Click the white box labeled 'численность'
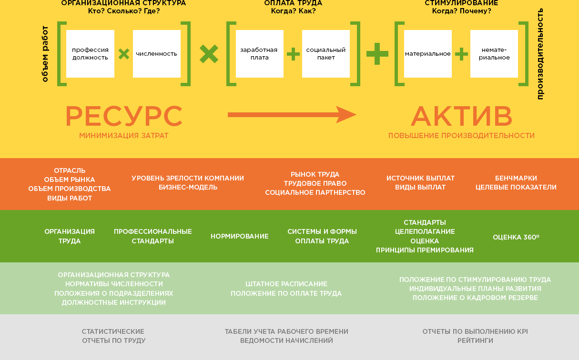click(157, 54)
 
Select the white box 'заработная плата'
click(260, 54)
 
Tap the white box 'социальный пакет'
click(326, 54)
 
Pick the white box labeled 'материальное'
click(428, 54)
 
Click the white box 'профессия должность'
click(90, 54)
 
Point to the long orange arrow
click(292, 114)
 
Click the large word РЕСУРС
click(124, 116)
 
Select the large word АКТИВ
click(461, 116)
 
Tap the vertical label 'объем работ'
click(45, 54)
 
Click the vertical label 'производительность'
click(540, 54)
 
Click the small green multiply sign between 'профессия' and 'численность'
click(124, 54)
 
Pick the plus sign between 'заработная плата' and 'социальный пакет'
click(293, 54)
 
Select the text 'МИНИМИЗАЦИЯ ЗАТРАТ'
click(124, 136)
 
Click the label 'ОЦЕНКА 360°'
click(516, 237)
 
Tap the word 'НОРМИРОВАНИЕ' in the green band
click(240, 236)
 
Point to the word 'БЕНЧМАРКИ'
click(516, 178)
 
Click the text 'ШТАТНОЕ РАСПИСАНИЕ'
click(286, 284)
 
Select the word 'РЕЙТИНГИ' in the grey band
click(475, 340)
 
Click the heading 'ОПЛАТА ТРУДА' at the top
click(293, 3)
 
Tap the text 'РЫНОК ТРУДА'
click(315, 174)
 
